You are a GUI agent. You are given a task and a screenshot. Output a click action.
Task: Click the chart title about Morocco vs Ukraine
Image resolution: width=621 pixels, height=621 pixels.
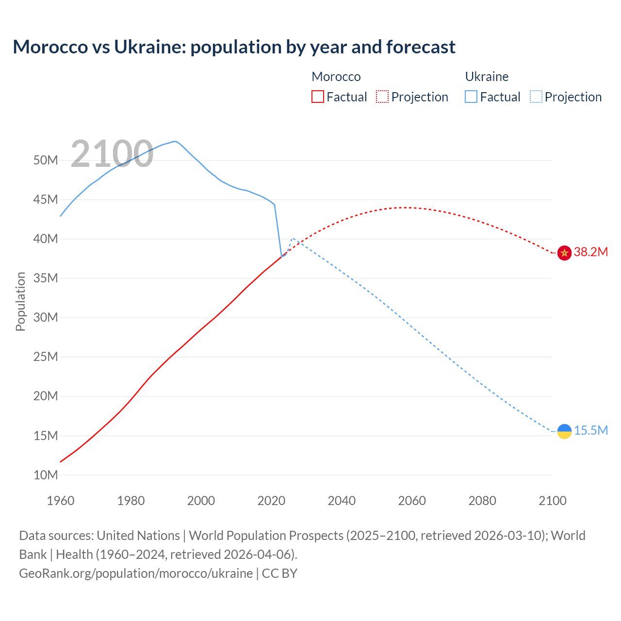click(234, 47)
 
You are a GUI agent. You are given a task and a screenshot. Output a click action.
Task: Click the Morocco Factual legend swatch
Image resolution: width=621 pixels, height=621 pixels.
click(317, 97)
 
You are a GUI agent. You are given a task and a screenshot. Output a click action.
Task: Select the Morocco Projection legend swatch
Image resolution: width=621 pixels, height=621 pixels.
click(382, 97)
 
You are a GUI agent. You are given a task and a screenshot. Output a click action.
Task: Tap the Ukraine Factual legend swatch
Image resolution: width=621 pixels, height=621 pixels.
click(471, 97)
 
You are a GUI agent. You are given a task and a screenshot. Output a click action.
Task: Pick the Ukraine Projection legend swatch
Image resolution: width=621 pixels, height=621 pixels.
click(536, 97)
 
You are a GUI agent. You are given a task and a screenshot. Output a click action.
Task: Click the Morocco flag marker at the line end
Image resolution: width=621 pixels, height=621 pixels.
click(564, 253)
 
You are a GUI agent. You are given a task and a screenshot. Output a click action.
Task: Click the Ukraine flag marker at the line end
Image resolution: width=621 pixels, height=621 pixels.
click(564, 431)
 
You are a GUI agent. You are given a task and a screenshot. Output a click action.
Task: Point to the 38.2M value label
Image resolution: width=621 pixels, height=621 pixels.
click(590, 252)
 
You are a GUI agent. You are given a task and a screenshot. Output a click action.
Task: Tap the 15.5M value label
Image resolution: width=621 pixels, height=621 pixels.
click(591, 431)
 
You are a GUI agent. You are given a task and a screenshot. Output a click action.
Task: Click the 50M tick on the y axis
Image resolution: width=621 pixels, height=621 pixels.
click(46, 161)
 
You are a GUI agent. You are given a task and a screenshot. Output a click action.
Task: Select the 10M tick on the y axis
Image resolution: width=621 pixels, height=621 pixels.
click(46, 475)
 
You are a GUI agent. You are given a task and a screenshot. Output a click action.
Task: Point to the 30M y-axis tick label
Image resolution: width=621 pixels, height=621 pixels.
click(46, 318)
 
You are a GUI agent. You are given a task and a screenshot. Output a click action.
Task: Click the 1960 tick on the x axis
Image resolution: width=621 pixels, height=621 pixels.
click(61, 501)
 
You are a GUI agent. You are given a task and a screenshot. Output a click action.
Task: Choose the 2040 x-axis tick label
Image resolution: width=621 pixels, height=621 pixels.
click(342, 501)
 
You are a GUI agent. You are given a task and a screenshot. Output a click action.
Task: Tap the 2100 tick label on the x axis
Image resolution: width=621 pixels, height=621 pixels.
click(552, 501)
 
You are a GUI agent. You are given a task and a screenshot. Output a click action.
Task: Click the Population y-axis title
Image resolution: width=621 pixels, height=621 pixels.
click(20, 301)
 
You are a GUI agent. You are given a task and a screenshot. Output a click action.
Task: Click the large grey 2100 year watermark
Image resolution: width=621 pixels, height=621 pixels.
click(112, 154)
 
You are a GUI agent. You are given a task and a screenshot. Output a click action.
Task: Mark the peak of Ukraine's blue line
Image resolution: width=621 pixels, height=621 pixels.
click(175, 142)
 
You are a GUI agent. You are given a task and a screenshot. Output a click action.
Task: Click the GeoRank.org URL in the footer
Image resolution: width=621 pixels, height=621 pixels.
click(136, 573)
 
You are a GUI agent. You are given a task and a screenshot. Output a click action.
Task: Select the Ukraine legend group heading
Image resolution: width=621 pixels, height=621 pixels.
click(487, 77)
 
